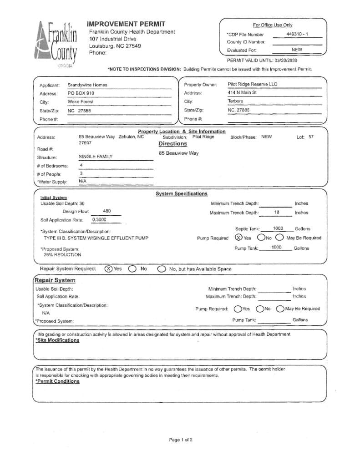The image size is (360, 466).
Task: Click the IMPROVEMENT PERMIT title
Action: [x=126, y=24]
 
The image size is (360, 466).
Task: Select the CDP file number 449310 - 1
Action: [x=297, y=34]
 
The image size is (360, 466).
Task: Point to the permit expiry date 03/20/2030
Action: [x=286, y=60]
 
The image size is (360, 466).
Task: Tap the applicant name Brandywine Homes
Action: [x=87, y=85]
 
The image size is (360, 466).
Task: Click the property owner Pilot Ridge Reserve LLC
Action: [x=252, y=84]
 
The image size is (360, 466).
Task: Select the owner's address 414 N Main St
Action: [x=242, y=92]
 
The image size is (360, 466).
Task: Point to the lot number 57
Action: [x=311, y=137]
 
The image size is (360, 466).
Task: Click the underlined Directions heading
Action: [x=172, y=144]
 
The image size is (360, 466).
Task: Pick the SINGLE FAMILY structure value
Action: [x=96, y=157]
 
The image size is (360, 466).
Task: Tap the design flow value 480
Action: [x=107, y=211]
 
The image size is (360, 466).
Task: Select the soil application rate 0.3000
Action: [x=100, y=219]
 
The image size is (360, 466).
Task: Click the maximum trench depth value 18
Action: [x=277, y=213]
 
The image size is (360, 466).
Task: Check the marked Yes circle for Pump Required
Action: [x=239, y=238]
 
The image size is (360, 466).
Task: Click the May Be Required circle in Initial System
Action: [x=279, y=238]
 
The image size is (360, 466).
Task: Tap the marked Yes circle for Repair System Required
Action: [x=109, y=268]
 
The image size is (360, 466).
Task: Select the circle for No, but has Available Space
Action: [x=161, y=269]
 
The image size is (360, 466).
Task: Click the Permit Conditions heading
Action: [x=57, y=381]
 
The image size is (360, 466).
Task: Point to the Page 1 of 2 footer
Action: [x=181, y=440]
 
